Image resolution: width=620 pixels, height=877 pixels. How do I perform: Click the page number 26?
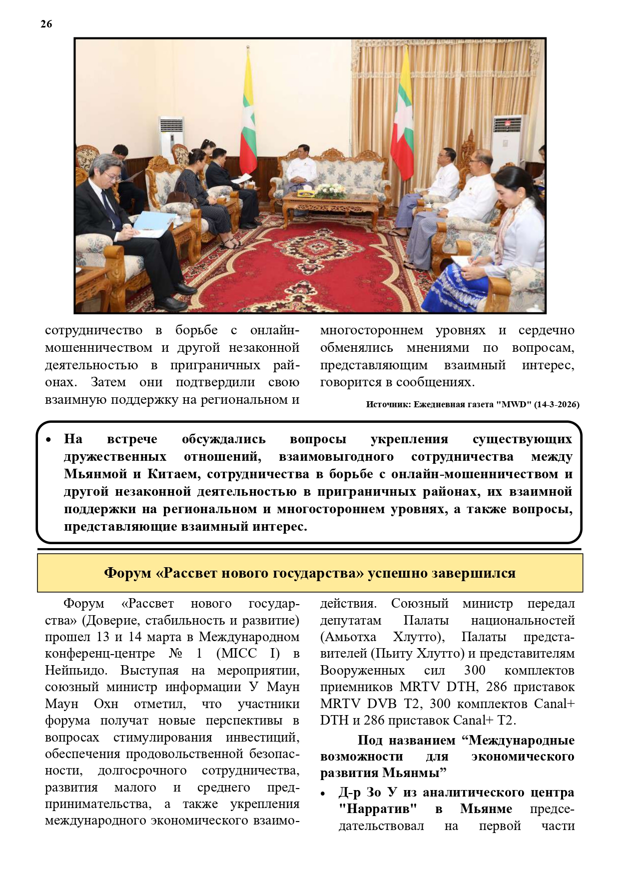click(x=46, y=24)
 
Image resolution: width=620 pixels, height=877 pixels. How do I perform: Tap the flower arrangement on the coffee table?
click(x=328, y=190)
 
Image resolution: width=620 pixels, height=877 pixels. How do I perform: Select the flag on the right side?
click(x=402, y=125)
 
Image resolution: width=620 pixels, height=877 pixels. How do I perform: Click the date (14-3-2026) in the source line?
click(x=557, y=404)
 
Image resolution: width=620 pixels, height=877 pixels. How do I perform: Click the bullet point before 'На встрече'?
click(x=48, y=440)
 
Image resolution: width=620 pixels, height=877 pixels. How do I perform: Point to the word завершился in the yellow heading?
click(x=474, y=573)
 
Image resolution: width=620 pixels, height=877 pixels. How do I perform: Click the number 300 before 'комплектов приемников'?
click(x=475, y=670)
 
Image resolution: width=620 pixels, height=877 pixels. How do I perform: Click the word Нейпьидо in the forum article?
click(x=73, y=670)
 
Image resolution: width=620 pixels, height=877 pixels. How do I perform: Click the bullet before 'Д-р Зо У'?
click(x=323, y=794)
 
